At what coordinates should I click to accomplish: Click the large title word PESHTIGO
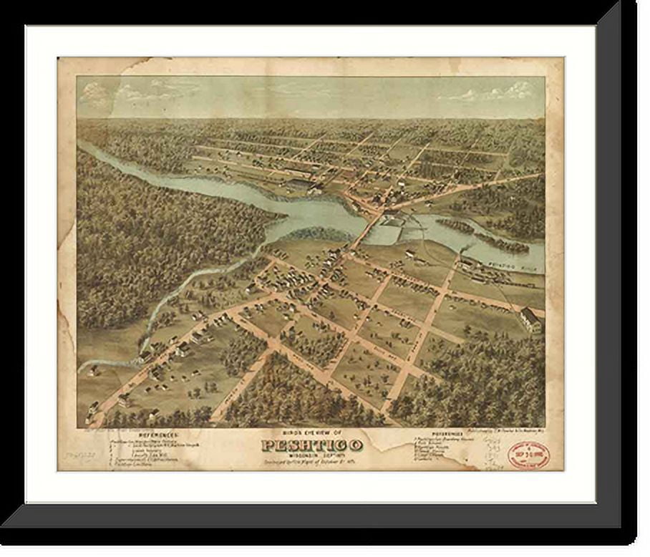coord(312,445)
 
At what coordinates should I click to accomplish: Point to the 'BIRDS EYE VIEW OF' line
coord(312,433)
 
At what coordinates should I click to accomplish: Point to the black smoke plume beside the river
coord(466,250)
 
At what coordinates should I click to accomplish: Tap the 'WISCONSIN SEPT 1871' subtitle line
coord(312,455)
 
